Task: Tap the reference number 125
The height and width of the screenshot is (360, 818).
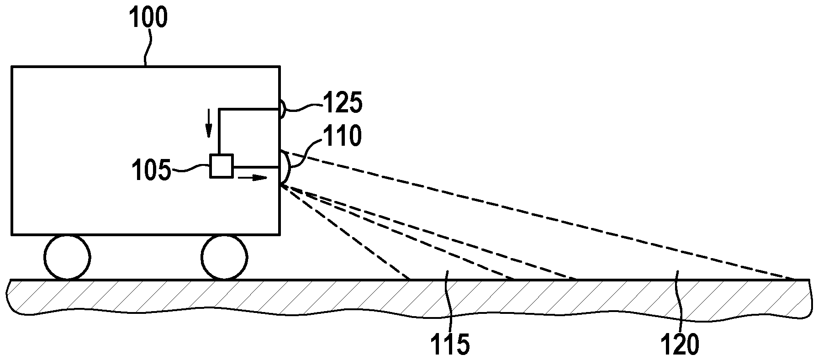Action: click(343, 103)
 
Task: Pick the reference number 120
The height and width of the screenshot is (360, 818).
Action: click(681, 345)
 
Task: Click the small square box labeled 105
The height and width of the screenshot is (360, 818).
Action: click(222, 166)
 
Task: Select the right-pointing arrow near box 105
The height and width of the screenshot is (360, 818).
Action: click(253, 178)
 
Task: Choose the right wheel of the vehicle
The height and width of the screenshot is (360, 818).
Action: click(225, 257)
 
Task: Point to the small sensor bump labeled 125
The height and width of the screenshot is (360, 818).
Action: click(282, 109)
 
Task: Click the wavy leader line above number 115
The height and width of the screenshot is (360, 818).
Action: click(449, 302)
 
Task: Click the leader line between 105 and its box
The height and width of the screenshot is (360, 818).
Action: click(190, 170)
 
